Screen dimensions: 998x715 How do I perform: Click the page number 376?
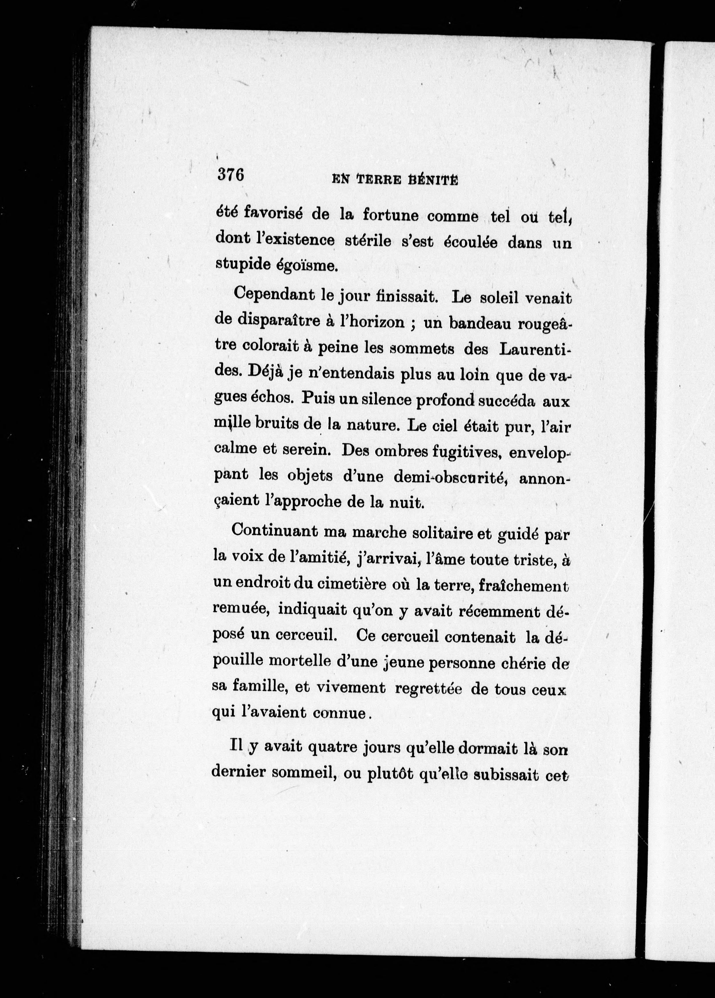tap(230, 175)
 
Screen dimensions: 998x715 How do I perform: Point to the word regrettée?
tap(428, 688)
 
